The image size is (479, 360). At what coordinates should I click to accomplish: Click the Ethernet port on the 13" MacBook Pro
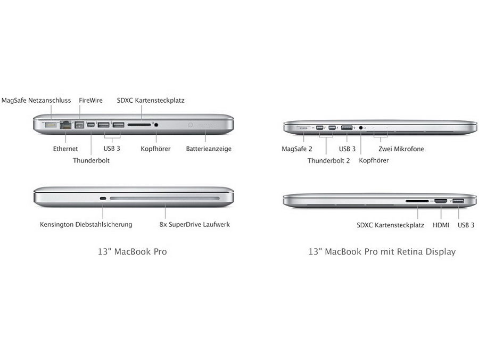point(65,125)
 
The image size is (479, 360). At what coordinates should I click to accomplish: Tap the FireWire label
point(90,100)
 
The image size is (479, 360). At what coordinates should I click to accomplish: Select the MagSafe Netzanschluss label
point(36,100)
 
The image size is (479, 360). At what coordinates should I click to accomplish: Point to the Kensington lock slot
point(103,198)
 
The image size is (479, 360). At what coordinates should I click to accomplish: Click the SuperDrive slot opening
point(164,198)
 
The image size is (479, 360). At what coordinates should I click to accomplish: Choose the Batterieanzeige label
point(209,149)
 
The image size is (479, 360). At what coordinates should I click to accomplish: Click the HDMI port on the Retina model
point(441,201)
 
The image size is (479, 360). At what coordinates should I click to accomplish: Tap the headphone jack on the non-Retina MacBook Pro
point(156,125)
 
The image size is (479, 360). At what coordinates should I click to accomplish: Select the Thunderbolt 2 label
point(328,160)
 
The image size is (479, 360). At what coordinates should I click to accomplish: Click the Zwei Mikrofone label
point(401,149)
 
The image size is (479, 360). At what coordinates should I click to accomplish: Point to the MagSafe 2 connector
point(303,128)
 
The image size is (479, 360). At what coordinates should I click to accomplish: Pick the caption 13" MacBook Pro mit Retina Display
point(382,251)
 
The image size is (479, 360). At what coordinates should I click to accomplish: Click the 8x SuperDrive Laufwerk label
point(195,224)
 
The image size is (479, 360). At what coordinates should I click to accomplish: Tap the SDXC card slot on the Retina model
point(417,201)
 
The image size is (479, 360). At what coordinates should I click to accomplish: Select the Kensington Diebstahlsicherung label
point(86,224)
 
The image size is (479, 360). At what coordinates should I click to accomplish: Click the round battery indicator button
point(191,125)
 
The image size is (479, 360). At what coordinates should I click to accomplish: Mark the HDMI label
point(441,225)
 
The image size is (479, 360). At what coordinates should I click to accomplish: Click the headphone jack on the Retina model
point(360,128)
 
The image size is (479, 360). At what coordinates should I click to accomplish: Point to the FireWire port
point(79,125)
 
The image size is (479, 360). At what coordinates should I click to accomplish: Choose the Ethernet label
point(65,149)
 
